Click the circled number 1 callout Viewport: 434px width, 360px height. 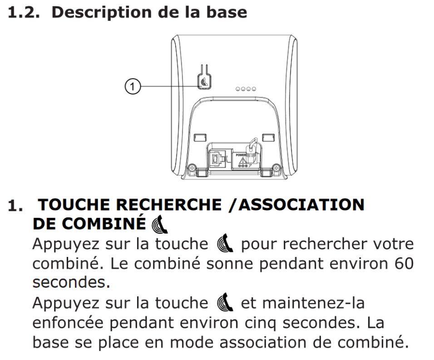click(x=133, y=86)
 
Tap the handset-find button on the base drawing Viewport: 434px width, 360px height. click(x=205, y=82)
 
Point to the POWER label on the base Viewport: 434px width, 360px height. click(x=241, y=155)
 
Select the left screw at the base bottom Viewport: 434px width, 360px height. click(x=192, y=168)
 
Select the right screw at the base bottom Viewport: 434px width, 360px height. click(x=276, y=168)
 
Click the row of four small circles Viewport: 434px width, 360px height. click(x=246, y=89)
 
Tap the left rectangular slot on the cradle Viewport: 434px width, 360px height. click(x=200, y=137)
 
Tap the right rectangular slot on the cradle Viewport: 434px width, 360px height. click(x=268, y=137)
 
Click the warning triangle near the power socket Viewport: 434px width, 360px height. click(x=242, y=161)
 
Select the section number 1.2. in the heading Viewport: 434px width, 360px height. click(x=24, y=12)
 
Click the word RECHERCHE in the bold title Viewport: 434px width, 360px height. click(x=168, y=204)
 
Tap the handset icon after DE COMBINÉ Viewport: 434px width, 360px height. click(x=160, y=224)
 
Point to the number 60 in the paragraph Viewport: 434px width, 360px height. click(x=404, y=263)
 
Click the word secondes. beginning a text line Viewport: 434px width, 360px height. click(x=71, y=282)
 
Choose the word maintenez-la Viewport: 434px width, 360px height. click(x=313, y=302)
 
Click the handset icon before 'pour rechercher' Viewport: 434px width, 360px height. click(x=225, y=243)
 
